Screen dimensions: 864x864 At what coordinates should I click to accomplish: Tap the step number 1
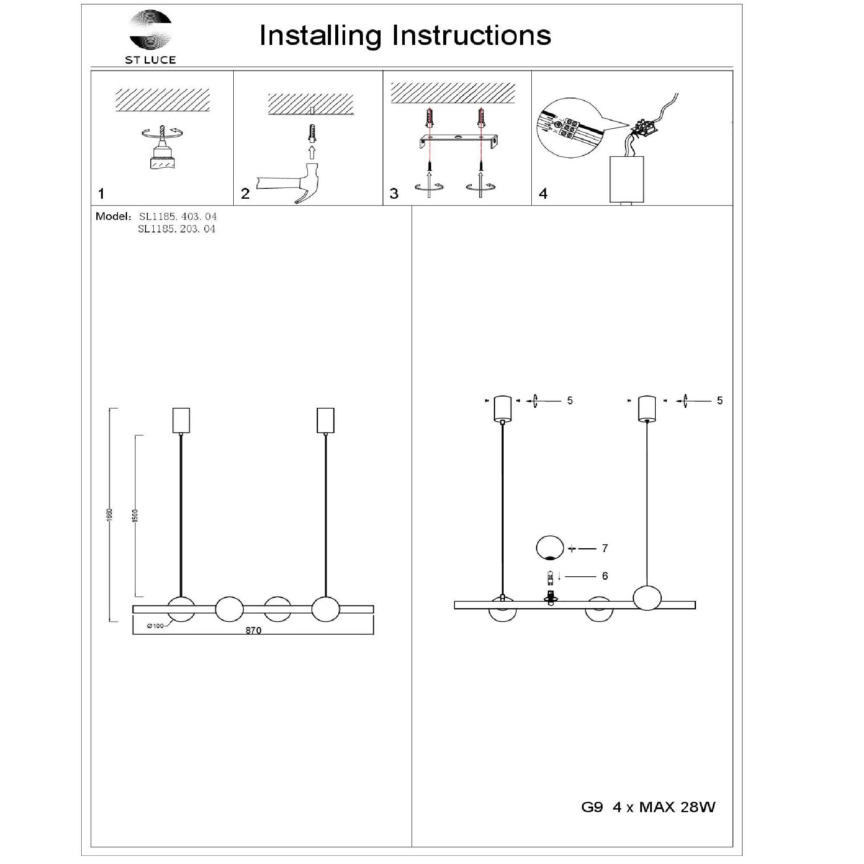102,194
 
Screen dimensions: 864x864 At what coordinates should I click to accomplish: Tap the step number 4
543,194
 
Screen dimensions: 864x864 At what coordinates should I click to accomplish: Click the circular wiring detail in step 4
569,128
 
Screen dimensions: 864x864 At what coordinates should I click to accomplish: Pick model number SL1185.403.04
178,216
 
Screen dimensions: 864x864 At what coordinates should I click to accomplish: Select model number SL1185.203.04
177,229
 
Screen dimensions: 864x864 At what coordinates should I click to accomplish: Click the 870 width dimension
253,630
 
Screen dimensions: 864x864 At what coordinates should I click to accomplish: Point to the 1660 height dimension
110,514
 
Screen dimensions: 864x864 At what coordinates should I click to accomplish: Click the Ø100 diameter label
155,626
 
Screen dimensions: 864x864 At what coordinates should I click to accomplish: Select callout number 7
605,548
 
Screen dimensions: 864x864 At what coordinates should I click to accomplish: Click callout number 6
605,576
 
